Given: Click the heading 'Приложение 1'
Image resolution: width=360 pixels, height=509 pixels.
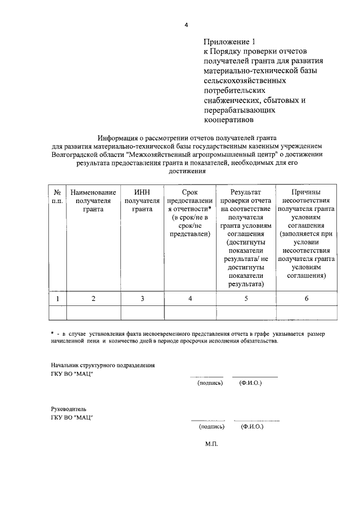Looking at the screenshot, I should tap(229, 42).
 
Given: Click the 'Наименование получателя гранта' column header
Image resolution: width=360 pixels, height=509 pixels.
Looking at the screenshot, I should tap(93, 200).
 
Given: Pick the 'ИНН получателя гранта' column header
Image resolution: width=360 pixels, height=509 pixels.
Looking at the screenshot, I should tap(142, 200).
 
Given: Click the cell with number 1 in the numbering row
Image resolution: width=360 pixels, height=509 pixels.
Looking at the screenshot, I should tap(57, 299).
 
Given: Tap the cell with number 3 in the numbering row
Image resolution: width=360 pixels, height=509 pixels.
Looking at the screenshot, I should tap(142, 299).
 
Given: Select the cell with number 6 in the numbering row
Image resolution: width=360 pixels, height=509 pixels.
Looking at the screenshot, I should tap(306, 299).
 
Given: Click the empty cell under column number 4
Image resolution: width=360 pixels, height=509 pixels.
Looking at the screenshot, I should tap(190, 313).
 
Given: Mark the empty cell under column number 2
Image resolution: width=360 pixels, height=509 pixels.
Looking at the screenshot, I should tap(93, 313).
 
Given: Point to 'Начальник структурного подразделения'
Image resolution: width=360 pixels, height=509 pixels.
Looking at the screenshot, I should tap(102, 365).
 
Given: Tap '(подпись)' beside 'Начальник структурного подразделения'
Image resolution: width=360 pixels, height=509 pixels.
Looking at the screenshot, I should tap(210, 383).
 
